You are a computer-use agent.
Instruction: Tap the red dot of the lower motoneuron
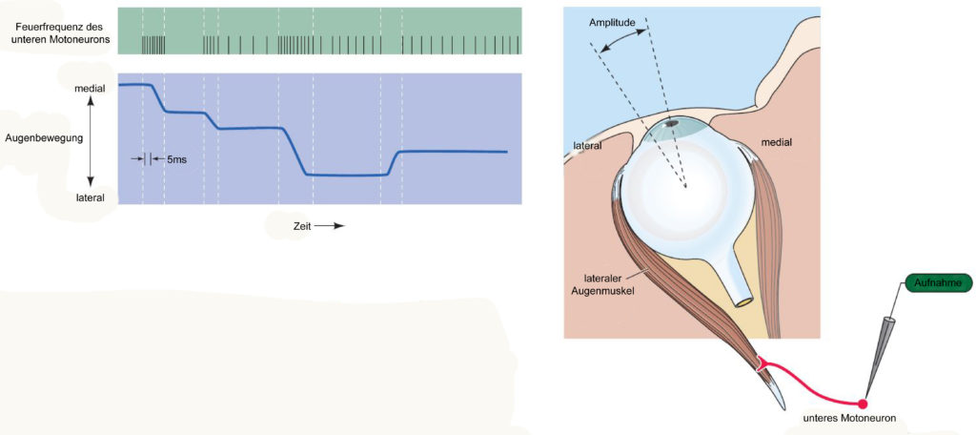coord(863,404)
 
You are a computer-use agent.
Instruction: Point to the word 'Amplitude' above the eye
coord(612,23)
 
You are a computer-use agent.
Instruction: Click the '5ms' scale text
coord(176,159)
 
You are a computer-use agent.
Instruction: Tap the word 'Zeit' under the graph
coord(302,225)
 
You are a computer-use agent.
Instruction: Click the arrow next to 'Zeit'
coord(329,225)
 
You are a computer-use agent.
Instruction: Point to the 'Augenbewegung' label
coord(44,137)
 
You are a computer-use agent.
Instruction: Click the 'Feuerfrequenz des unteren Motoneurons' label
coord(61,33)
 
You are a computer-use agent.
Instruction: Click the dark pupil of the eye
coord(672,124)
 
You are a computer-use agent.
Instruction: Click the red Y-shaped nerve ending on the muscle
coord(762,364)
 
